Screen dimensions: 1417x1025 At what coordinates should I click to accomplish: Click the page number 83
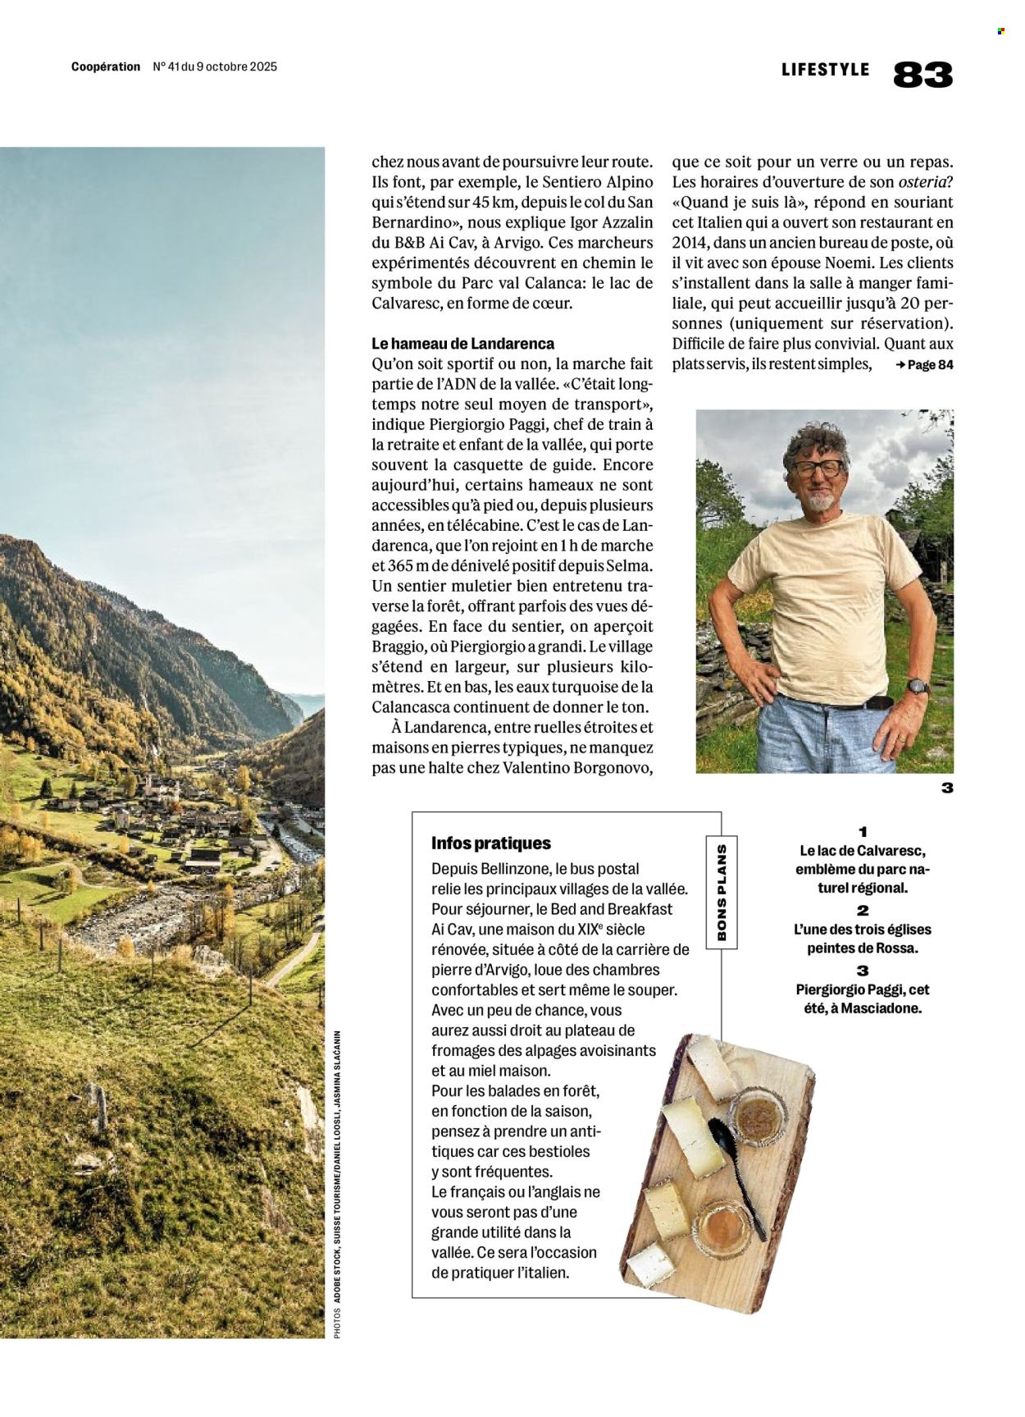[x=922, y=75]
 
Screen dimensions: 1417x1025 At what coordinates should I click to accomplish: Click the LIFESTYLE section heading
[x=825, y=70]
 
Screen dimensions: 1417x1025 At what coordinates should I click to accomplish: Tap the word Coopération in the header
[x=106, y=67]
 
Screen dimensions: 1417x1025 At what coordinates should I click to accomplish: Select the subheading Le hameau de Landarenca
[x=462, y=344]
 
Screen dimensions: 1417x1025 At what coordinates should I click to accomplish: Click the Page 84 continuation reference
[x=924, y=365]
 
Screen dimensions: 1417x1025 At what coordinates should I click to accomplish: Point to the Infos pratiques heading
[x=491, y=843]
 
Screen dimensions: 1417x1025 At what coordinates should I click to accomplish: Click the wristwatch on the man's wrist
[x=918, y=686]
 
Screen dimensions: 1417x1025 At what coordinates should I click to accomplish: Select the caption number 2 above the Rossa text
[x=863, y=910]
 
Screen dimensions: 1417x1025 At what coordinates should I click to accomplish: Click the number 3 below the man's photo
[x=947, y=788]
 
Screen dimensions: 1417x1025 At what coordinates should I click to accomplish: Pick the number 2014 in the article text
[x=689, y=243]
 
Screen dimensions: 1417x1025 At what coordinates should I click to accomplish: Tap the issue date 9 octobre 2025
[x=236, y=67]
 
